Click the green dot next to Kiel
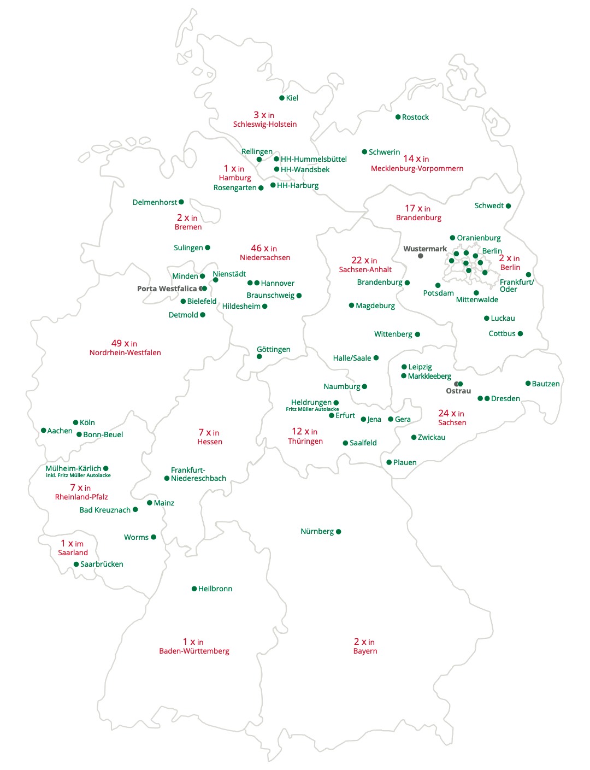pos(282,98)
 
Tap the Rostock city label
pos(415,117)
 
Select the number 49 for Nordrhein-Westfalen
pos(116,343)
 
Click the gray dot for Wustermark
pos(420,256)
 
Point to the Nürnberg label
pos(317,532)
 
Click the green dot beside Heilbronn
pos(194,589)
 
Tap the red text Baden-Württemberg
pos(194,651)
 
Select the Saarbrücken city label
pos(102,565)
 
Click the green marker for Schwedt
pos(508,206)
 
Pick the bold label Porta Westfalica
pos(167,289)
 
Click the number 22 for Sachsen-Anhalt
pos(357,260)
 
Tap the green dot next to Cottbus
pos(520,334)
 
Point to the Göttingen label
pos(273,350)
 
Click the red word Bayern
pos(365,651)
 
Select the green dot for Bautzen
pos(528,384)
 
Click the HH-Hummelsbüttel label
pos(314,160)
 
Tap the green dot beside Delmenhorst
pos(181,202)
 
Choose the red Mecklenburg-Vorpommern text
pos(417,169)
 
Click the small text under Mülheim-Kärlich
pos(78,475)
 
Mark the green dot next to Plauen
pos(389,462)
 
